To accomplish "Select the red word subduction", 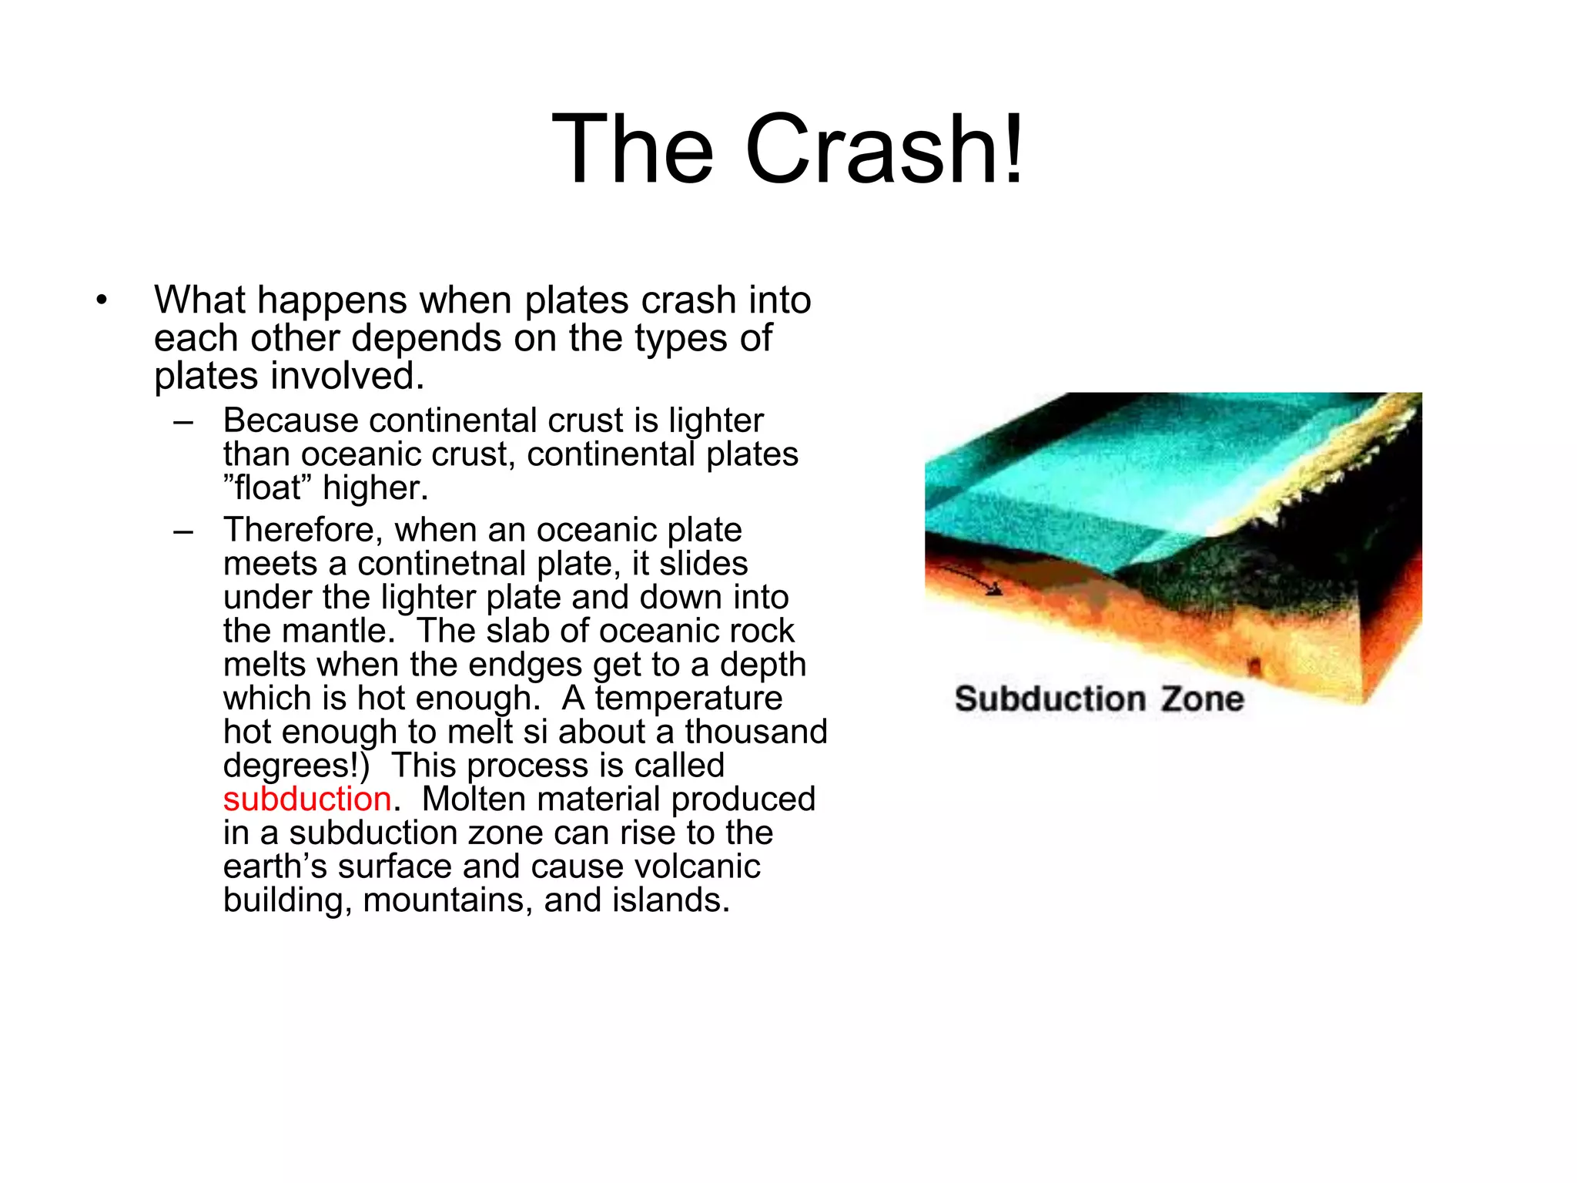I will click(307, 799).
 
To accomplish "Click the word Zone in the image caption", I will click(1202, 699).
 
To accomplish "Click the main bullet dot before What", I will click(102, 300).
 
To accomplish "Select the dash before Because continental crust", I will click(183, 421).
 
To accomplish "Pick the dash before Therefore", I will click(183, 531).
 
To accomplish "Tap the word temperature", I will click(688, 699).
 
